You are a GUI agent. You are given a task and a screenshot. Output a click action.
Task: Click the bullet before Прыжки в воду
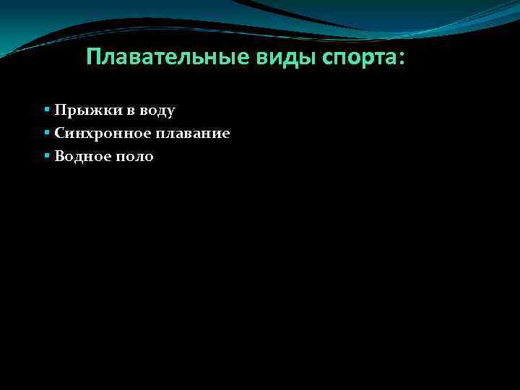coord(46,110)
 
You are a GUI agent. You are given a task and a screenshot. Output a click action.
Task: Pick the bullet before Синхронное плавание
coord(46,133)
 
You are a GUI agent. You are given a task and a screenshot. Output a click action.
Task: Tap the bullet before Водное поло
coord(46,156)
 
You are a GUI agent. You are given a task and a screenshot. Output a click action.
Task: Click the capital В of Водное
coord(58,157)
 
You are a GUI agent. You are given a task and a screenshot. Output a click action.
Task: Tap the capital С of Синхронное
coord(59,134)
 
